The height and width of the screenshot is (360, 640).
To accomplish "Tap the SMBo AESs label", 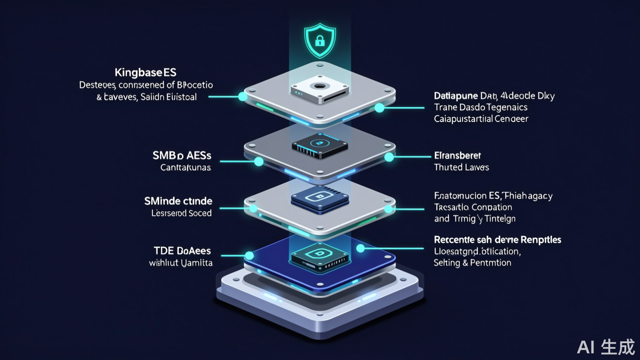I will click(x=182, y=155).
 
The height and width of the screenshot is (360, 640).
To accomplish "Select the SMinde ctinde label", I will click(x=178, y=201).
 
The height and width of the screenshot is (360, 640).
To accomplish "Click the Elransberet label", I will click(x=457, y=156).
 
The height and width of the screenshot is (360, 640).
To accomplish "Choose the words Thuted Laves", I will click(x=461, y=168).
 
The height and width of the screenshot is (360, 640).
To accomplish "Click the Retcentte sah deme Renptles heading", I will click(x=497, y=240).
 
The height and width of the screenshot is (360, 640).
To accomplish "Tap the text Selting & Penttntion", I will click(x=472, y=263).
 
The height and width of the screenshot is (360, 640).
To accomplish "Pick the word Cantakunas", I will click(x=186, y=168).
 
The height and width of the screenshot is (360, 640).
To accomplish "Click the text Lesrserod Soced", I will click(x=181, y=213).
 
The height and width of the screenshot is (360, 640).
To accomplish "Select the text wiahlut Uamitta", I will click(x=180, y=263).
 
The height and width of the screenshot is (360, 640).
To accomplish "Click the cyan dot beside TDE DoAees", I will click(x=249, y=255).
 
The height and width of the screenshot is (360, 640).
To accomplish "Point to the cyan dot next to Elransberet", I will click(x=389, y=156).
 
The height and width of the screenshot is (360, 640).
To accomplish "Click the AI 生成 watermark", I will click(x=606, y=346).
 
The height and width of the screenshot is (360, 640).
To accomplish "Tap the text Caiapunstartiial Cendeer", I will click(x=481, y=119).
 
